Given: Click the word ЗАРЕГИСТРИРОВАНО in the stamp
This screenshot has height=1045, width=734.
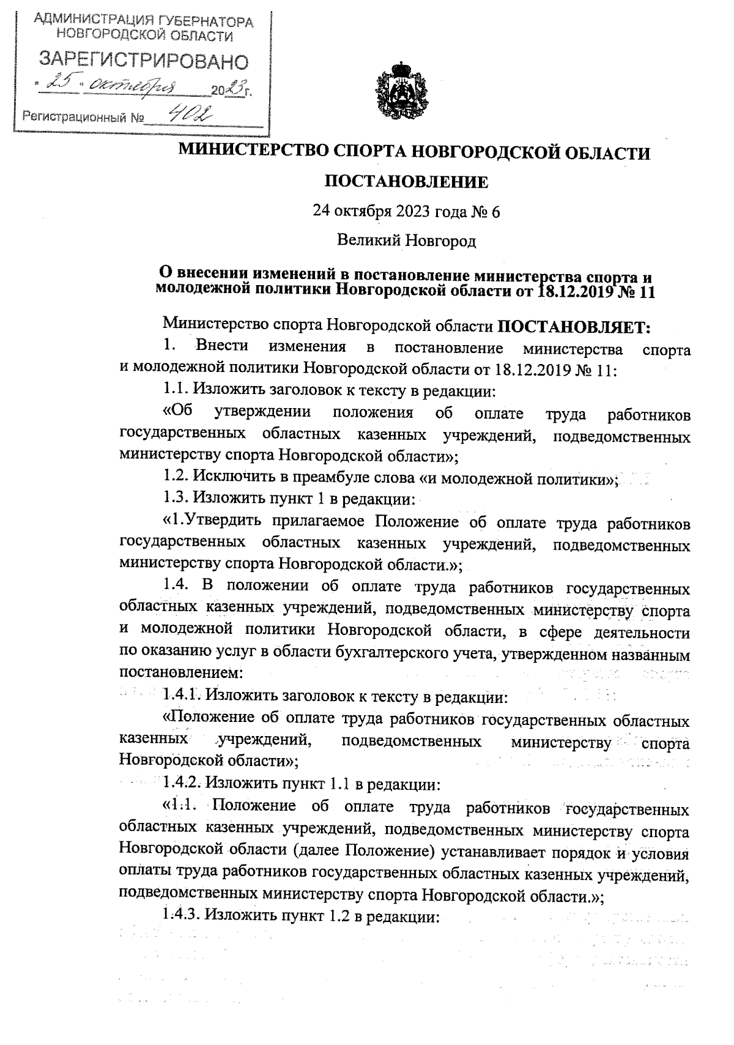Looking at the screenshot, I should tap(144, 61).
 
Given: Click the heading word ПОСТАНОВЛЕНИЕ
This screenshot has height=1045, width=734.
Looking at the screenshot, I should tap(406, 182).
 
